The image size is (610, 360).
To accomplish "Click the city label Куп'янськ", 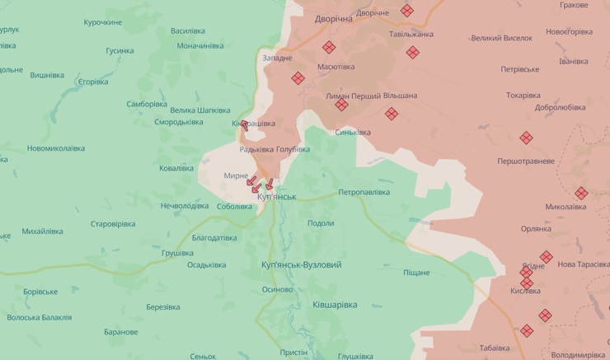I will pyautogui.click(x=276, y=197).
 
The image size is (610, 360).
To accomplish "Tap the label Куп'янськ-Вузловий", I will pyautogui.click(x=301, y=264).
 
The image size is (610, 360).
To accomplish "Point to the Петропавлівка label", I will pyautogui.click(x=364, y=192).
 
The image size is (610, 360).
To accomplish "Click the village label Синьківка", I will pyautogui.click(x=353, y=132).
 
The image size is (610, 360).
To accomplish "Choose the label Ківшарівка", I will pyautogui.click(x=335, y=304).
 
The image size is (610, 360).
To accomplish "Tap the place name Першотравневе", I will pyautogui.click(x=526, y=161).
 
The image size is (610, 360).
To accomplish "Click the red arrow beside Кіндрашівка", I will pyautogui.click(x=244, y=126).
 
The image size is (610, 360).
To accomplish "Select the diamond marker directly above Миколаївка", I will pyautogui.click(x=581, y=194).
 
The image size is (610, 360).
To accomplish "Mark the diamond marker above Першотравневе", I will pyautogui.click(x=526, y=138).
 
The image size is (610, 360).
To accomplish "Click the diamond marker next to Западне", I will pyautogui.click(x=298, y=78).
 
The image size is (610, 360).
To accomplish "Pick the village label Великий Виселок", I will pyautogui.click(x=501, y=38).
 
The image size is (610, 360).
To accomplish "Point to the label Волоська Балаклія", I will pyautogui.click(x=39, y=317).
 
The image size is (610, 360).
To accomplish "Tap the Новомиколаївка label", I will pyautogui.click(x=55, y=148).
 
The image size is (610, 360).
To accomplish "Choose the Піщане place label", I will pyautogui.click(x=416, y=273).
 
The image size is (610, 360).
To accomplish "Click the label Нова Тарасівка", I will pyautogui.click(x=583, y=264).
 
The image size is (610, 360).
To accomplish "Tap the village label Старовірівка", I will pyautogui.click(x=113, y=224).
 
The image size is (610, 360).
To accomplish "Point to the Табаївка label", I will pyautogui.click(x=495, y=348).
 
